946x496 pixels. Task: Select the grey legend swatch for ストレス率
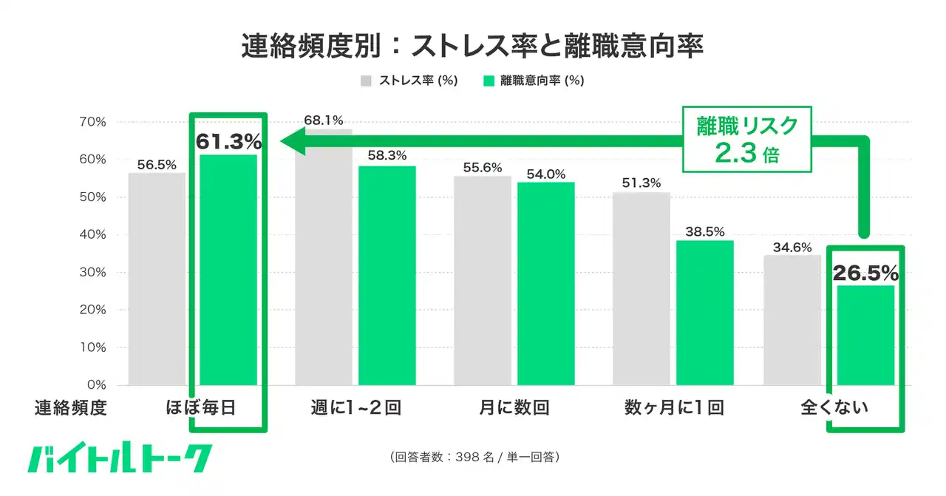pyautogui.click(x=366, y=81)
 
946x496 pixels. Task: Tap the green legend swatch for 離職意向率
pyautogui.click(x=488, y=81)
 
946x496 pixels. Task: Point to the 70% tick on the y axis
pyautogui.click(x=92, y=122)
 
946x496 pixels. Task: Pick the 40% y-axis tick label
pyautogui.click(x=92, y=235)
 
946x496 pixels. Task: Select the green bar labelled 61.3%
pyautogui.click(x=228, y=270)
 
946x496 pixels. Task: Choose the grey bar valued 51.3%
pyautogui.click(x=642, y=288)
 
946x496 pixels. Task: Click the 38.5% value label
pyautogui.click(x=705, y=231)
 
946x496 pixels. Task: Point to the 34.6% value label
pyautogui.click(x=792, y=247)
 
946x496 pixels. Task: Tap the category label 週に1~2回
pyautogui.click(x=355, y=407)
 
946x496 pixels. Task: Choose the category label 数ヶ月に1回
pyautogui.click(x=673, y=407)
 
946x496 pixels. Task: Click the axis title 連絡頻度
pyautogui.click(x=71, y=407)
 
